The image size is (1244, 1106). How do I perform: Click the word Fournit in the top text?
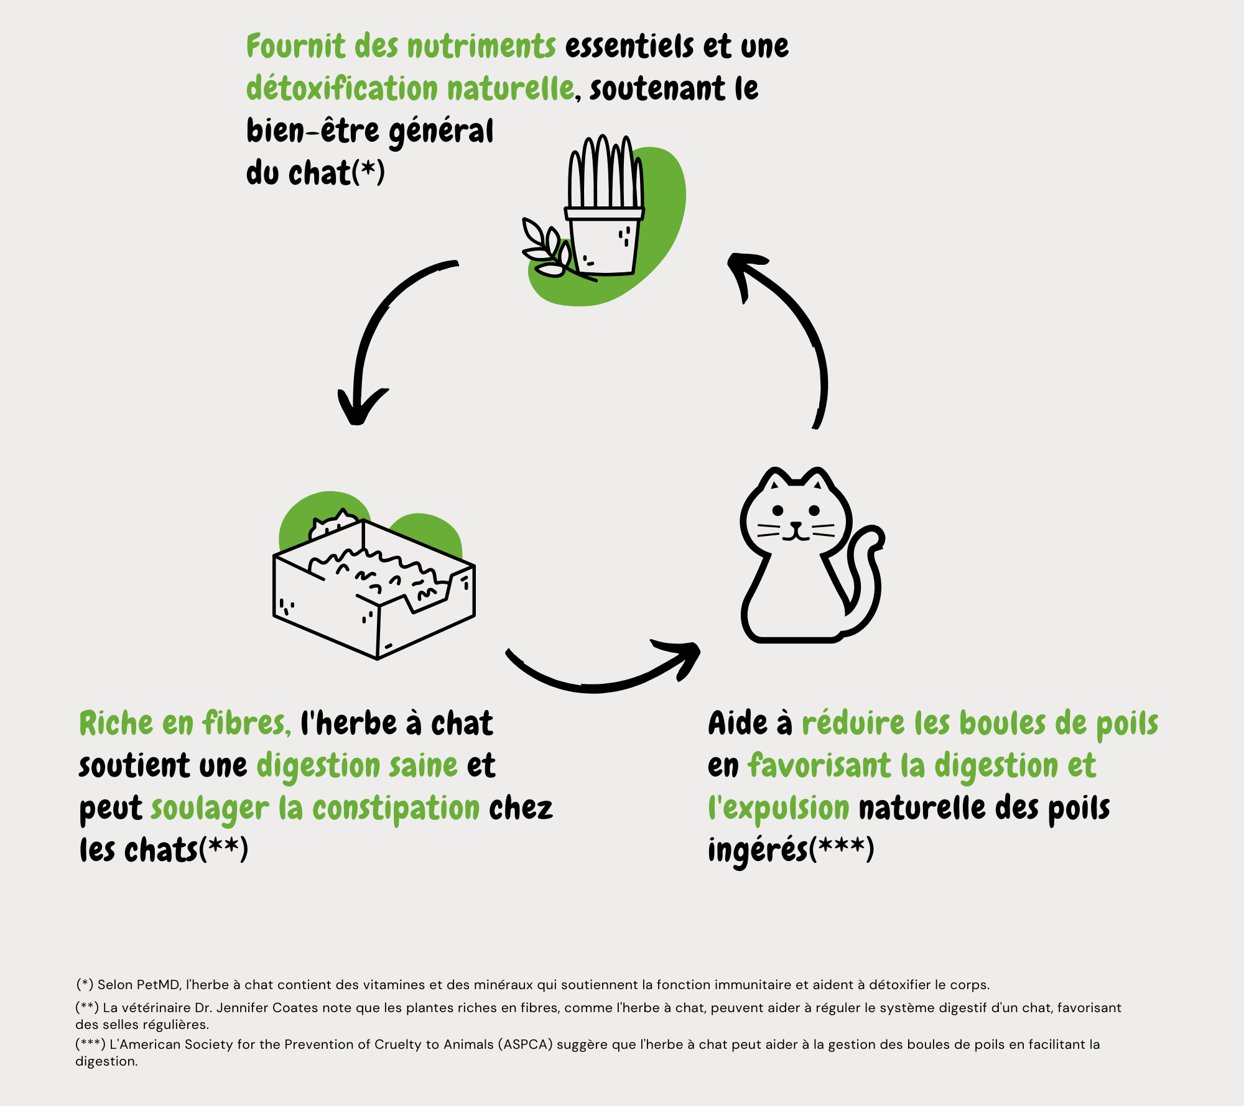pos(295,46)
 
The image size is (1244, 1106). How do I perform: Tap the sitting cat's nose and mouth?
pos(796,532)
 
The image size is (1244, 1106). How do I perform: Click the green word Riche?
pos(116,724)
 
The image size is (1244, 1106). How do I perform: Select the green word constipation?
pos(396,808)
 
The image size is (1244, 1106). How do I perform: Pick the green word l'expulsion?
pos(779,808)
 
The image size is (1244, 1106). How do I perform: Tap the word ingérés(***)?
pos(791,850)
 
